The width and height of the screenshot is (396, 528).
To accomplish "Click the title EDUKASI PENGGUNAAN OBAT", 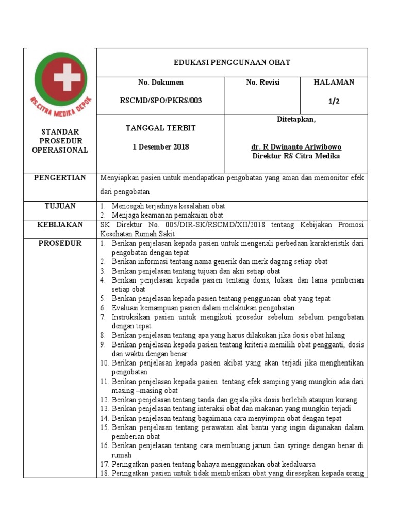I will coord(232,62).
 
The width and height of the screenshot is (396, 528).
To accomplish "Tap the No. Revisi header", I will coord(263,82).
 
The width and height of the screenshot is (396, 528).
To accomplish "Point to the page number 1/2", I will coord(334,101).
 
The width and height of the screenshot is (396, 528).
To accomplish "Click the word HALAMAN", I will coord(334,82).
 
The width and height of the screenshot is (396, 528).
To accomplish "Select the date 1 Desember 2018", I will coord(160,147).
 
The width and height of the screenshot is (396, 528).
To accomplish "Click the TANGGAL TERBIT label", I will coord(160,128).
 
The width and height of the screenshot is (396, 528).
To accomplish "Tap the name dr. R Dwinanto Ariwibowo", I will coord(296,147).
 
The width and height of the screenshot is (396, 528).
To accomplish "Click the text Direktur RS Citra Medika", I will coord(296,156).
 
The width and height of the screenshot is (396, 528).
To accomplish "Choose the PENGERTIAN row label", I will coord(60,178).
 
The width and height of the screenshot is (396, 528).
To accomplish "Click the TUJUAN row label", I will coord(60,206).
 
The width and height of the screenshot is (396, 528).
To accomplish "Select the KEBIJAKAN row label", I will coord(60,225).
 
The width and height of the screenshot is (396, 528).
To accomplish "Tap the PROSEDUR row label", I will coord(60,243).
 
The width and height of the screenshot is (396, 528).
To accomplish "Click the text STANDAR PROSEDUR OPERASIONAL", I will coord(60,141).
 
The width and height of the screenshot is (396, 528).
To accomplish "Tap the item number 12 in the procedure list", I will coord(105,400).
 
